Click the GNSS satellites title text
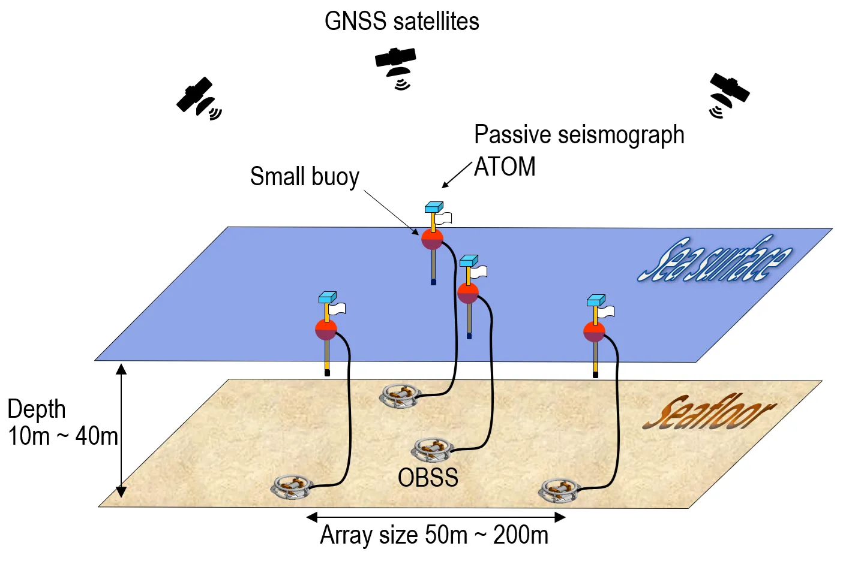click(x=401, y=22)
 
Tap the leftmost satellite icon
click(x=197, y=98)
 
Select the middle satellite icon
click(x=396, y=65)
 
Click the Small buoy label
click(x=304, y=177)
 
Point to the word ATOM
click(x=505, y=167)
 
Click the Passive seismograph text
click(x=578, y=135)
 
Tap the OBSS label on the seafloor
click(x=428, y=478)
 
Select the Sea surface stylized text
click(x=714, y=259)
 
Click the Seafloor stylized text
click(x=708, y=413)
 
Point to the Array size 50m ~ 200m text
click(x=434, y=535)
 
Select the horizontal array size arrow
click(x=436, y=517)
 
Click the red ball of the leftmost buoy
click(x=326, y=330)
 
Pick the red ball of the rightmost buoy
click(x=594, y=331)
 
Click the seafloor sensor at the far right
click(x=559, y=490)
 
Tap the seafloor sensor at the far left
click(x=292, y=486)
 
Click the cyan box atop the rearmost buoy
click(x=433, y=207)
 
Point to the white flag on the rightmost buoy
click(x=606, y=312)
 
